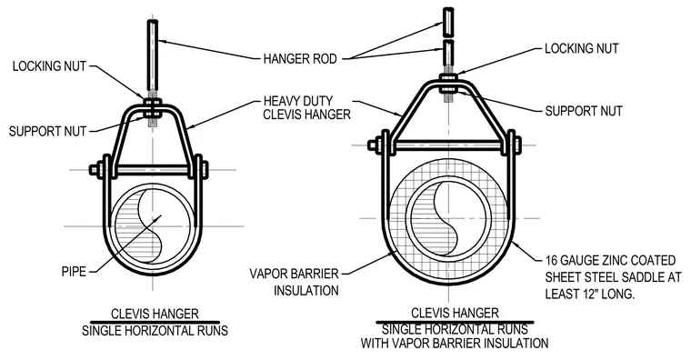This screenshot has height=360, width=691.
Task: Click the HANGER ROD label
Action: [x=300, y=58]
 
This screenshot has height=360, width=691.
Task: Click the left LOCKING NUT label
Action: [x=49, y=66]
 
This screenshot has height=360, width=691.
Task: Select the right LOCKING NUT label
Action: [x=582, y=48]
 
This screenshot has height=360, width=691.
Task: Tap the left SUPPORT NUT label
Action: [x=47, y=131]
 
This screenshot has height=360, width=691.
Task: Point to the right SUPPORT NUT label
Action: [x=584, y=111]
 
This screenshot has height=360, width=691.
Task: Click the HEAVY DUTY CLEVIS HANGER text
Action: [x=306, y=107]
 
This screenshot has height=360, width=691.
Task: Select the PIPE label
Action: [x=74, y=272]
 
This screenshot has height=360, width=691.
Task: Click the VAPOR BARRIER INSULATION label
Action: [x=295, y=282]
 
